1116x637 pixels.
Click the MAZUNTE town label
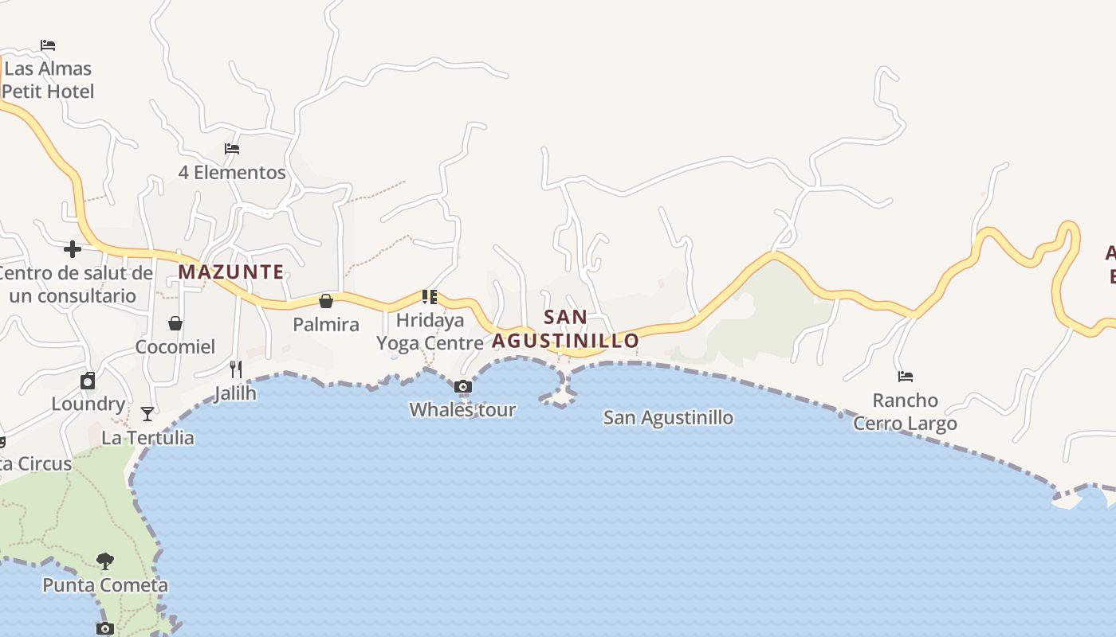(231, 272)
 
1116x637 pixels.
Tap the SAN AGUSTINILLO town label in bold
(565, 329)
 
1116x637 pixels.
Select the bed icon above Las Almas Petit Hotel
(48, 45)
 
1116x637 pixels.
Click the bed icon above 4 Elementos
(232, 149)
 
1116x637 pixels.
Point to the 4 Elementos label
(232, 172)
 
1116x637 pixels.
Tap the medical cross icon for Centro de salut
(73, 249)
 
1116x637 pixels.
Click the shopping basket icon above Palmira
(326, 301)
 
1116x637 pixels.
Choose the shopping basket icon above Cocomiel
(175, 323)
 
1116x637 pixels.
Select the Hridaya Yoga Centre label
(430, 332)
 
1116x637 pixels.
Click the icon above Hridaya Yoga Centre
(430, 298)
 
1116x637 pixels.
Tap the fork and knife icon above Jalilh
(236, 369)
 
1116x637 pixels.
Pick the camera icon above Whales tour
(462, 387)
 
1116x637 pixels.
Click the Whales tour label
(462, 410)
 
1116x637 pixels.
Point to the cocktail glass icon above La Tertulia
(147, 414)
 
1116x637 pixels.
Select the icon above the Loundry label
(88, 381)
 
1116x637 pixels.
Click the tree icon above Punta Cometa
(104, 561)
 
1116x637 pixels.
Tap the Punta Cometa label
(105, 585)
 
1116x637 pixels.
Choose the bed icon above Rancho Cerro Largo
(906, 377)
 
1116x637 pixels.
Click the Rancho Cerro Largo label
(906, 412)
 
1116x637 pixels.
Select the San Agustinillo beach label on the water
(668, 417)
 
